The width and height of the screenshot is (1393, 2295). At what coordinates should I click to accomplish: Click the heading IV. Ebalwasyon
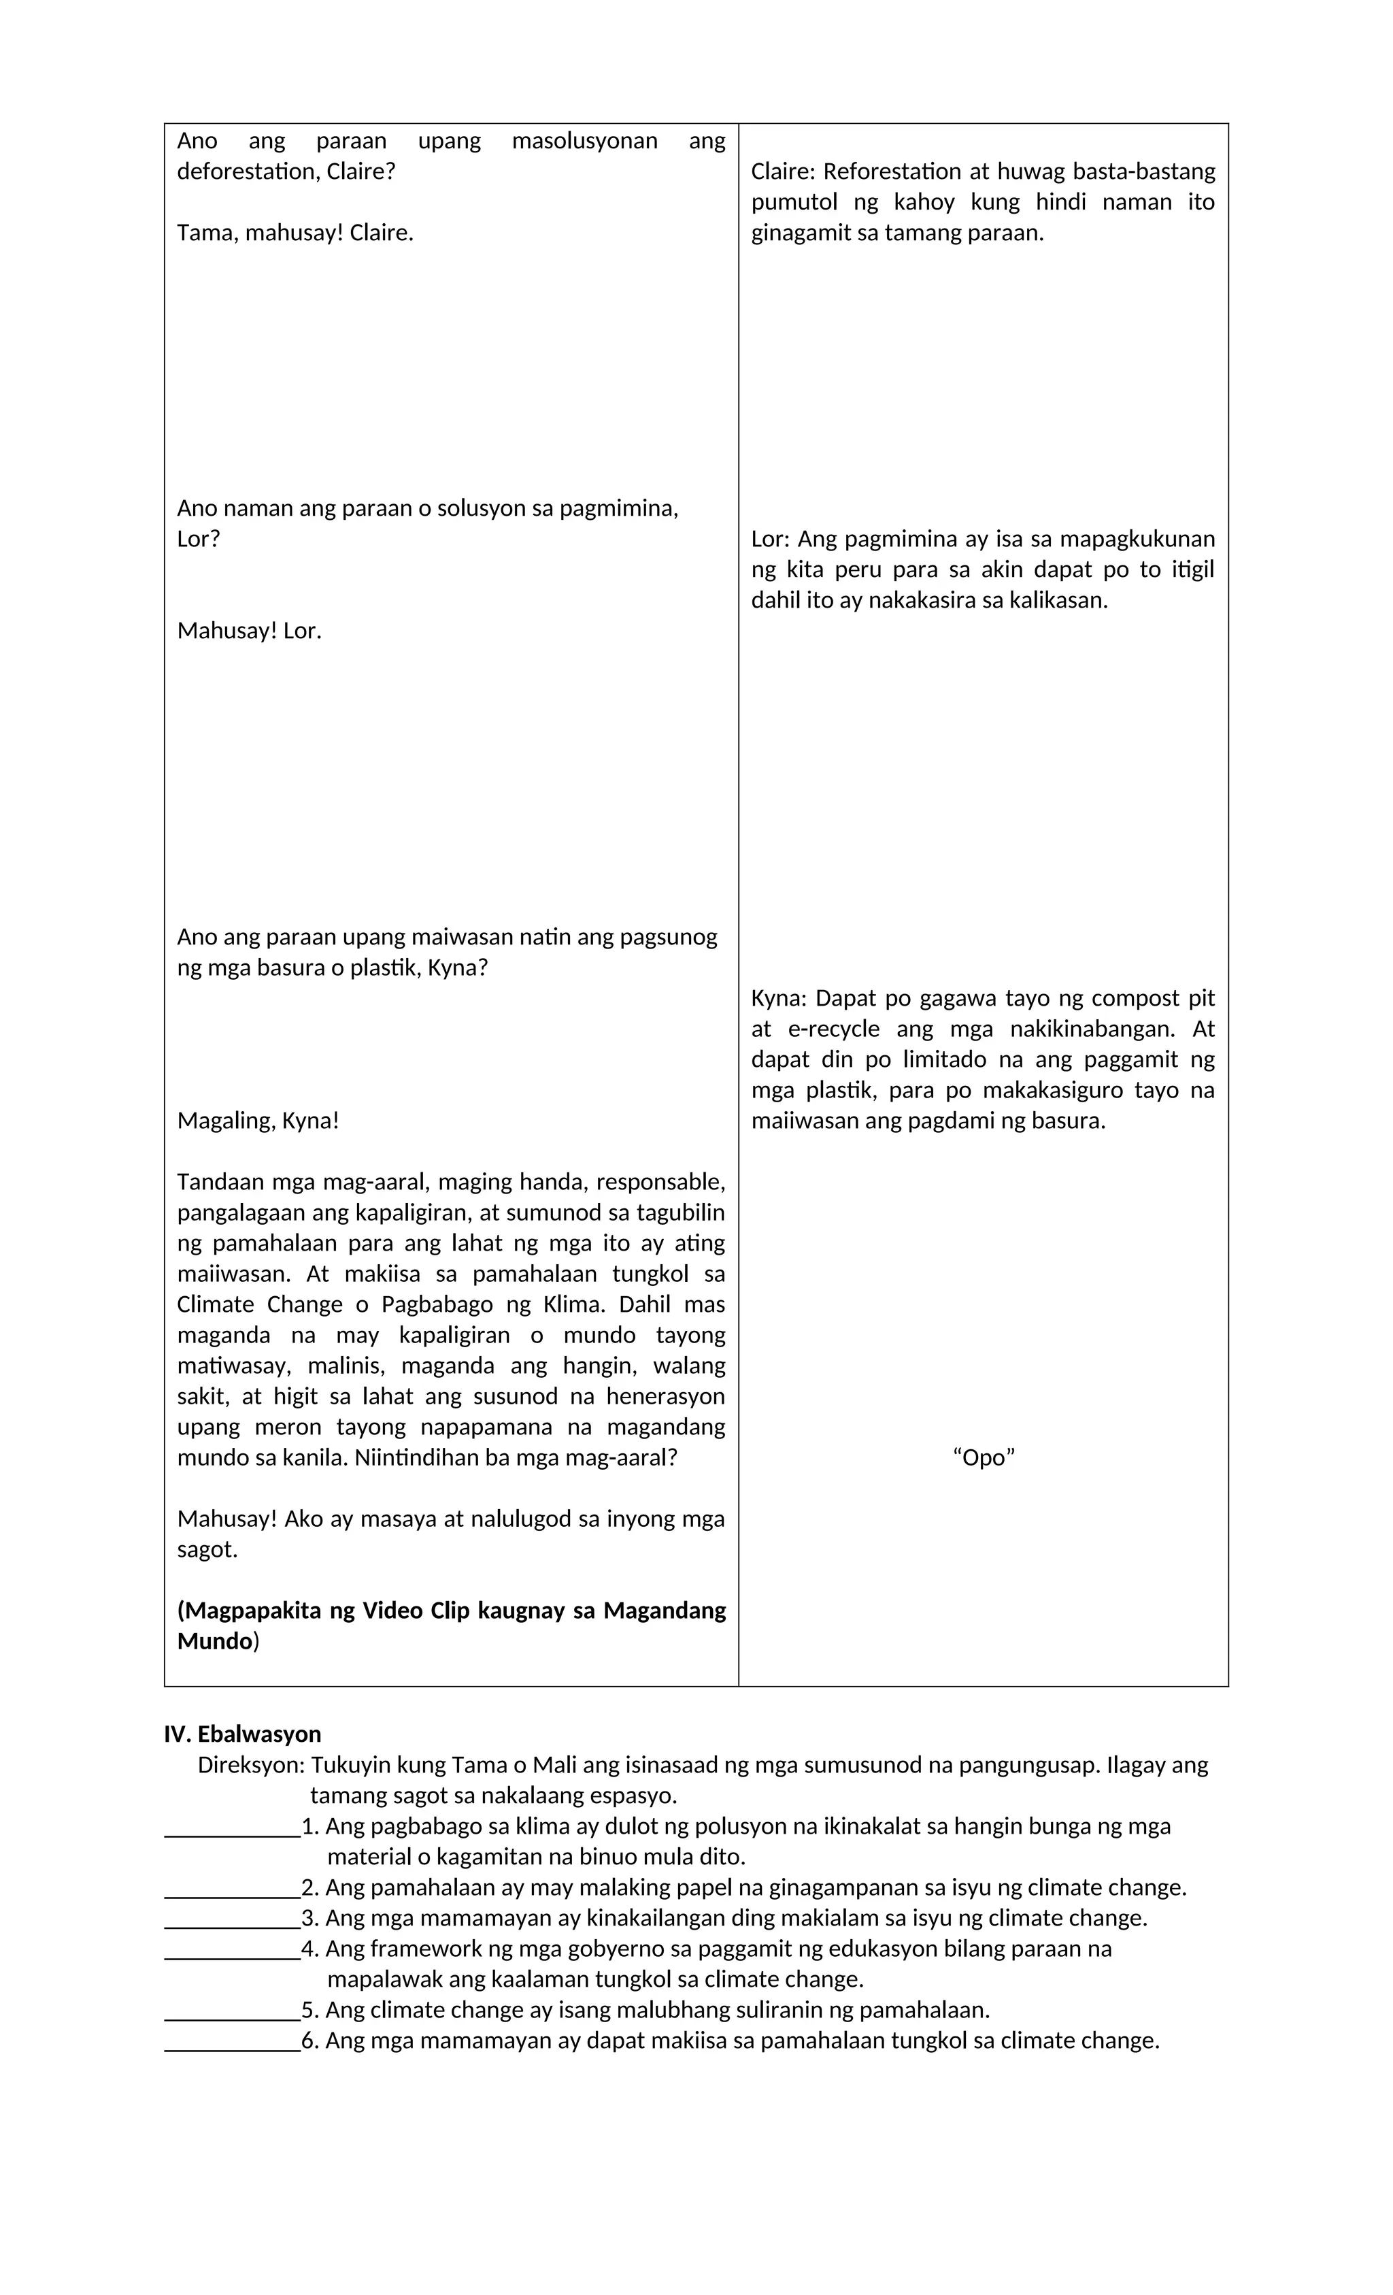(x=242, y=1734)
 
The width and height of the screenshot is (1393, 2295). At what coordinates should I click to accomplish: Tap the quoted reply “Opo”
(x=984, y=1457)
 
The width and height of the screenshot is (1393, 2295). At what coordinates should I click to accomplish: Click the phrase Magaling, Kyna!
(x=258, y=1121)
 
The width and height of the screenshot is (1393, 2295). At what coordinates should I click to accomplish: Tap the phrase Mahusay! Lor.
(x=249, y=631)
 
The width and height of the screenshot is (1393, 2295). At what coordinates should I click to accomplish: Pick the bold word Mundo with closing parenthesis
(x=218, y=1640)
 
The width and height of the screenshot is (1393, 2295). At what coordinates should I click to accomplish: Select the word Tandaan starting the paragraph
(x=219, y=1182)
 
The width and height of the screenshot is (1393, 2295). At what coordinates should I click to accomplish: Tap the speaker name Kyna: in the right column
(x=778, y=997)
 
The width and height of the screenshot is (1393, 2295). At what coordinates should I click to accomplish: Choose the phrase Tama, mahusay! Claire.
(x=295, y=233)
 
